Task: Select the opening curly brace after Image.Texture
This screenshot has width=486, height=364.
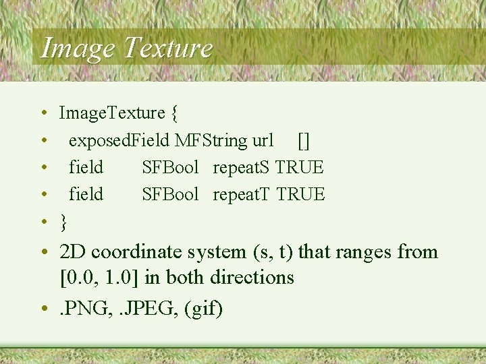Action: coord(174,113)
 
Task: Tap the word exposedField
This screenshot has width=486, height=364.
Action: coord(119,140)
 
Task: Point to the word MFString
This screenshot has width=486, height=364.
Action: coord(211,140)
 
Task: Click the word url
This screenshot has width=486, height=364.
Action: coord(263,140)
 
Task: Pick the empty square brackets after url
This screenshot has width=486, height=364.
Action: coord(304,140)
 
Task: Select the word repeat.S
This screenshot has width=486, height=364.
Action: coord(242,167)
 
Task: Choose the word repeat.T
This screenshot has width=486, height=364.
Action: coord(242,194)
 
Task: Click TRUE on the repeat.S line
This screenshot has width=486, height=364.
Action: coord(300,167)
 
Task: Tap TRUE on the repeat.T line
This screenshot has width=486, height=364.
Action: coord(301,194)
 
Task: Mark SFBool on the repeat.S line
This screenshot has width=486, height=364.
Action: coord(170,167)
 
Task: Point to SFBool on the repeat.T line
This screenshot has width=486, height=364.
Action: coord(170,194)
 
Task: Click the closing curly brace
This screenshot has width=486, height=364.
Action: coord(63,221)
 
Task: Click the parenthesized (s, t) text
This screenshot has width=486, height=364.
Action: coord(273,252)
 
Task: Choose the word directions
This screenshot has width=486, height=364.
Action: coord(252,277)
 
